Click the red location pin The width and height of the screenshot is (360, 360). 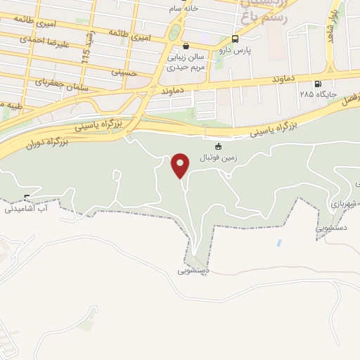point(181,165)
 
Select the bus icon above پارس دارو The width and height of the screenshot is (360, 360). point(235,39)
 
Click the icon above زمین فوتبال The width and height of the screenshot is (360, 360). point(218,146)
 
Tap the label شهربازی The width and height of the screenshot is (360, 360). point(343,202)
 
